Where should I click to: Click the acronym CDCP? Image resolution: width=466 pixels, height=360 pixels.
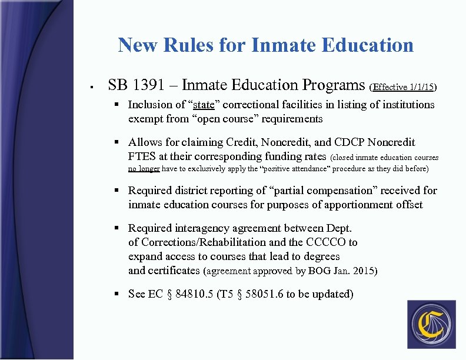[x=351, y=142]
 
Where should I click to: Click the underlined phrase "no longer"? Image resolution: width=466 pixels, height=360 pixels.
[x=144, y=169]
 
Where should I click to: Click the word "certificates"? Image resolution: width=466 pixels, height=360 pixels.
[x=164, y=271]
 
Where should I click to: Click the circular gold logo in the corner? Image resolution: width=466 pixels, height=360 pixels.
[x=431, y=325]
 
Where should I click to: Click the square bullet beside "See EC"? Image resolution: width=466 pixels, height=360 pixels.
[x=118, y=294]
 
